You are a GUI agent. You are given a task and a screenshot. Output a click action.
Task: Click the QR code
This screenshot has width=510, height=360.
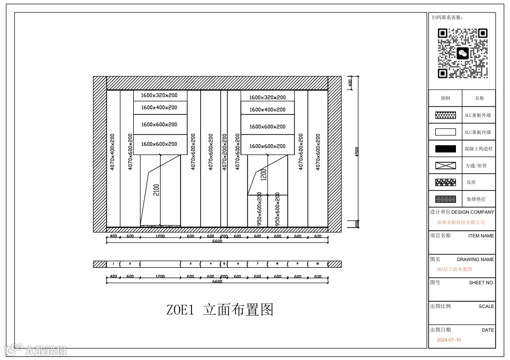tap(462, 53)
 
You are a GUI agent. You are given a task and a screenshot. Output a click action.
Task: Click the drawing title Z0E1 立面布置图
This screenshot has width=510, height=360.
tap(220, 310)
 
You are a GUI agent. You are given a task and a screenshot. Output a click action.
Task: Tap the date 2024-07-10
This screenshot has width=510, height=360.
tap(449, 340)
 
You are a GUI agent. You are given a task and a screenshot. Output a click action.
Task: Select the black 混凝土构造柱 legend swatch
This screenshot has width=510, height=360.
tap(446, 149)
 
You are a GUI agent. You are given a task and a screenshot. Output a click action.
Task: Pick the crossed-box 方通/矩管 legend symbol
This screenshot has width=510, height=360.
tap(446, 165)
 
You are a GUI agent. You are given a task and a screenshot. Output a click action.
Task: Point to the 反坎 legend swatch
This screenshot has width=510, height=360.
tap(446, 182)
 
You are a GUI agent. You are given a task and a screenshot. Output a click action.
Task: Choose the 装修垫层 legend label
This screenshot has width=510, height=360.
tap(476, 199)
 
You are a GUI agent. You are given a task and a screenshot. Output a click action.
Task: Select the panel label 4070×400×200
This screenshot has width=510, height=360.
tap(113, 152)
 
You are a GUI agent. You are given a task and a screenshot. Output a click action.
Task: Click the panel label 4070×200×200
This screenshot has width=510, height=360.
tap(224, 152)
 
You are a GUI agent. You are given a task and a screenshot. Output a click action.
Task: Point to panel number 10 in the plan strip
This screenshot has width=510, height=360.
tap(318, 264)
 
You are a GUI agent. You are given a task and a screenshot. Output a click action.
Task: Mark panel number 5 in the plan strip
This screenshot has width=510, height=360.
tap(224, 264)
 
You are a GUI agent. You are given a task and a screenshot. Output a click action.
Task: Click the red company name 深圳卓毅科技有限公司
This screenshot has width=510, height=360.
tap(461, 222)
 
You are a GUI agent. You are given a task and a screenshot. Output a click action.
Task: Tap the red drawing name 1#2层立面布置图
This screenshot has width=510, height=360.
tap(454, 269)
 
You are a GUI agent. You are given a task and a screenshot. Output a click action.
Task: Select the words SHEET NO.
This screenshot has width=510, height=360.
tap(481, 283)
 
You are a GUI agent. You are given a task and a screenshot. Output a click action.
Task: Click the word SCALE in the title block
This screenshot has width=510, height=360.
tap(486, 306)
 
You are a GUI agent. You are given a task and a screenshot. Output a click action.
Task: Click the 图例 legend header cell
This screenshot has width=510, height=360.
tap(446, 98)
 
